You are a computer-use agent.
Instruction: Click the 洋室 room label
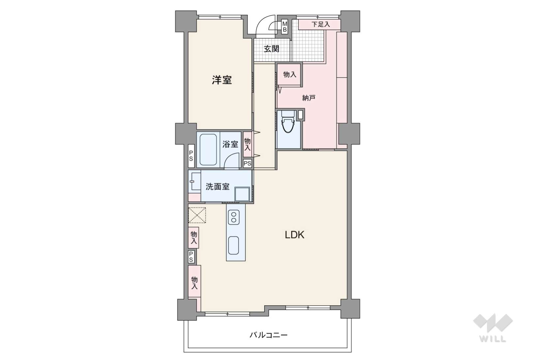point(222,80)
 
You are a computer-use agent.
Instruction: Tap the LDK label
point(294,235)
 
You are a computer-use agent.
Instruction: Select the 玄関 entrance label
point(271,49)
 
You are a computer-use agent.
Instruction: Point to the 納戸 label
point(309,98)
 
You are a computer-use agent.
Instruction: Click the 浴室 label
point(230,144)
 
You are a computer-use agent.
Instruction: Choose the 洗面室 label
point(217,186)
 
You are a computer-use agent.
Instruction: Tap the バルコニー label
point(269,335)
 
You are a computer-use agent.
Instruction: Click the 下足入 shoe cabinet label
point(321,24)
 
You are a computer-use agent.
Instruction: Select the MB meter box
point(285,26)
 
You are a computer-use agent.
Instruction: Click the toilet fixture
point(288,122)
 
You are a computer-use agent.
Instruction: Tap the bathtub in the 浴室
point(208,150)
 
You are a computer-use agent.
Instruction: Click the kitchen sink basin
point(233,245)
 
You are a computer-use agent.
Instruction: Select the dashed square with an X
point(197,215)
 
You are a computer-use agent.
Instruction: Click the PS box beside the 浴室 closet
point(247,164)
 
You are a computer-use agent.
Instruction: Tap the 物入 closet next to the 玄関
point(289,74)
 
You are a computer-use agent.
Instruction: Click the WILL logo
point(493,328)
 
